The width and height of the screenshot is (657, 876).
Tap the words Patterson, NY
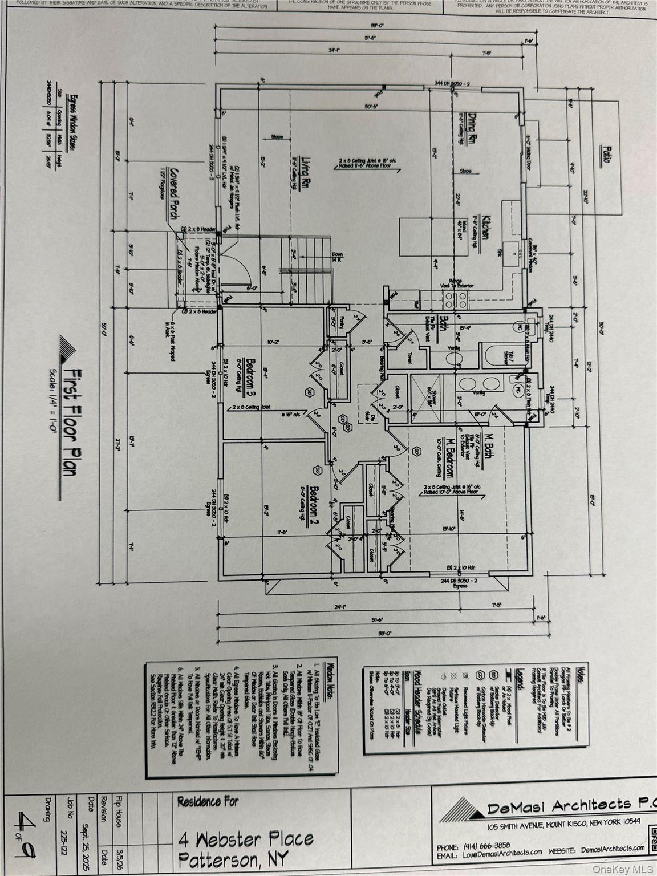(x=234, y=859)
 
